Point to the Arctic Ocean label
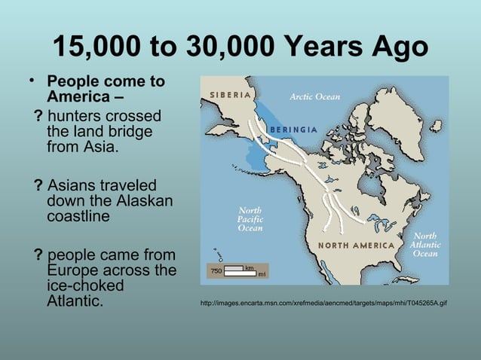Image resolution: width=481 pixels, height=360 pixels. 315,96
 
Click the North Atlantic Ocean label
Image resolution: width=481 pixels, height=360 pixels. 424,245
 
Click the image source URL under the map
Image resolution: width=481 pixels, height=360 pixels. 323,304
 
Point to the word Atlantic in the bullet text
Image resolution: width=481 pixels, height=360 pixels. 75,303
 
